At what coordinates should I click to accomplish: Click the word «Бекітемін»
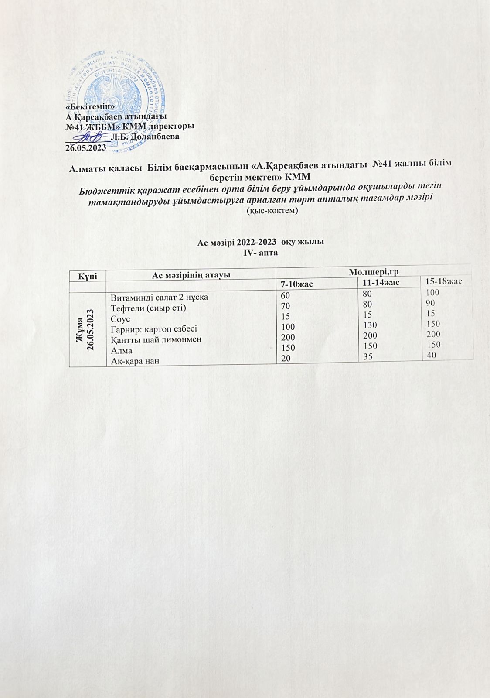coord(90,107)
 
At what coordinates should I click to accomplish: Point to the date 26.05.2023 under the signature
coord(85,147)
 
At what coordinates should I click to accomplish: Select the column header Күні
coord(87,275)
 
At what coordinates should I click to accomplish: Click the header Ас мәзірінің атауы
coord(191,275)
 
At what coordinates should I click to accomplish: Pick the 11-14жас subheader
coord(378,283)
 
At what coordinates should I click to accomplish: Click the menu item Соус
coord(120,319)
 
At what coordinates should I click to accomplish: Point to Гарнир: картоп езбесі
coord(153,329)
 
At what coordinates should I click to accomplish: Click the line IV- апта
coord(262,253)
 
